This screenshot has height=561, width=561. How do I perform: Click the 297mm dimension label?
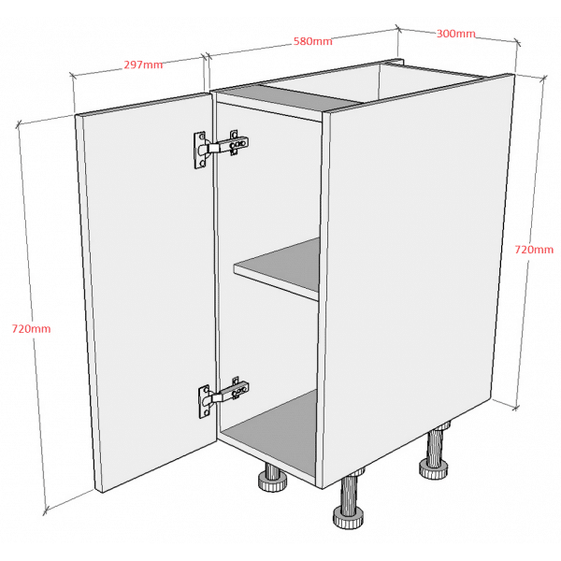point(143,65)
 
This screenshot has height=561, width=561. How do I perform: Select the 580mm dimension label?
point(313,41)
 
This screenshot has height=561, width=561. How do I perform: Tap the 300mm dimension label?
point(456,34)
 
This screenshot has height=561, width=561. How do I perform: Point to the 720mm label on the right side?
point(534,250)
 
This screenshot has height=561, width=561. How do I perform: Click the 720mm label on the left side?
point(32,329)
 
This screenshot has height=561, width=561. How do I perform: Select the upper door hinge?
point(221,148)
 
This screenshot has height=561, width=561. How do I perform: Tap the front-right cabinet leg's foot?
point(349,517)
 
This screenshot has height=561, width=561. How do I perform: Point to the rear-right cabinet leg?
point(435,452)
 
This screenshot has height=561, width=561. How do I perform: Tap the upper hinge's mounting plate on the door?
point(200,150)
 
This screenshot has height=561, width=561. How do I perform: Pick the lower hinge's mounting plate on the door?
point(204,402)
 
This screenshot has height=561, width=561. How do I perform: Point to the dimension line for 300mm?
point(457,36)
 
